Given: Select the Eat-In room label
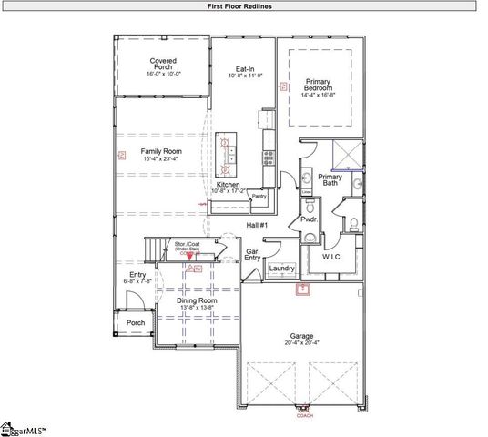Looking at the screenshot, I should pyautogui.click(x=244, y=68).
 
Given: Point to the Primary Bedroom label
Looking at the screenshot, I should pyautogui.click(x=318, y=84).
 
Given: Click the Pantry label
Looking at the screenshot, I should pyautogui.click(x=259, y=195).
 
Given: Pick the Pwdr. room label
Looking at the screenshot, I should pyautogui.click(x=308, y=219).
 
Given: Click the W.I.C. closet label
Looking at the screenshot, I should pyautogui.click(x=332, y=257).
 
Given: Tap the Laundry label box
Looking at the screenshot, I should pyautogui.click(x=281, y=269).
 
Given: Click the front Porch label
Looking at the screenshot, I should pyautogui.click(x=136, y=322).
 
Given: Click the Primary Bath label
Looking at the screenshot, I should pyautogui.click(x=330, y=179).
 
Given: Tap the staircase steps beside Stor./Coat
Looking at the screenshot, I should pyautogui.click(x=155, y=248).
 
